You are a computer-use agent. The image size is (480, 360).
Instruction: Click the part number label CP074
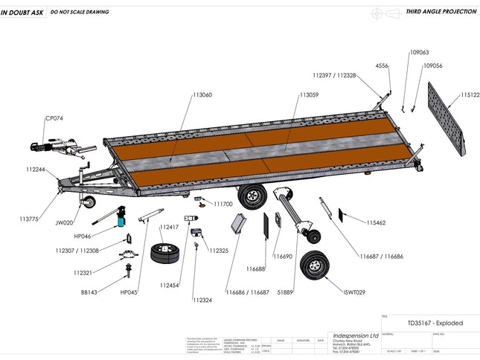point(54,118)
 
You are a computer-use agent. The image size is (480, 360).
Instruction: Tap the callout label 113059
point(309,95)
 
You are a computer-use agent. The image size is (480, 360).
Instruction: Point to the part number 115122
point(470,95)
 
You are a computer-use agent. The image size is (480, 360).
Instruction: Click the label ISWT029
point(355,292)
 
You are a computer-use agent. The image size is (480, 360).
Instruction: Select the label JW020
point(65,222)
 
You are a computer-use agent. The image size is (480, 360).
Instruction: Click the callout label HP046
point(83,236)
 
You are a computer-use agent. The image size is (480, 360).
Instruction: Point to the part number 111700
point(223,204)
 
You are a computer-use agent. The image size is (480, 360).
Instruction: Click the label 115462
point(376,222)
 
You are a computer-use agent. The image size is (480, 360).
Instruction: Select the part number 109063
point(420,53)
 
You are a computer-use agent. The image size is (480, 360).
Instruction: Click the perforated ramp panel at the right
point(446,119)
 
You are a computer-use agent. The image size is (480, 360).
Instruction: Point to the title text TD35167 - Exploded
point(435,324)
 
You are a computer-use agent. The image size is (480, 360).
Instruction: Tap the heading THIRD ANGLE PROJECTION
point(441,13)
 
